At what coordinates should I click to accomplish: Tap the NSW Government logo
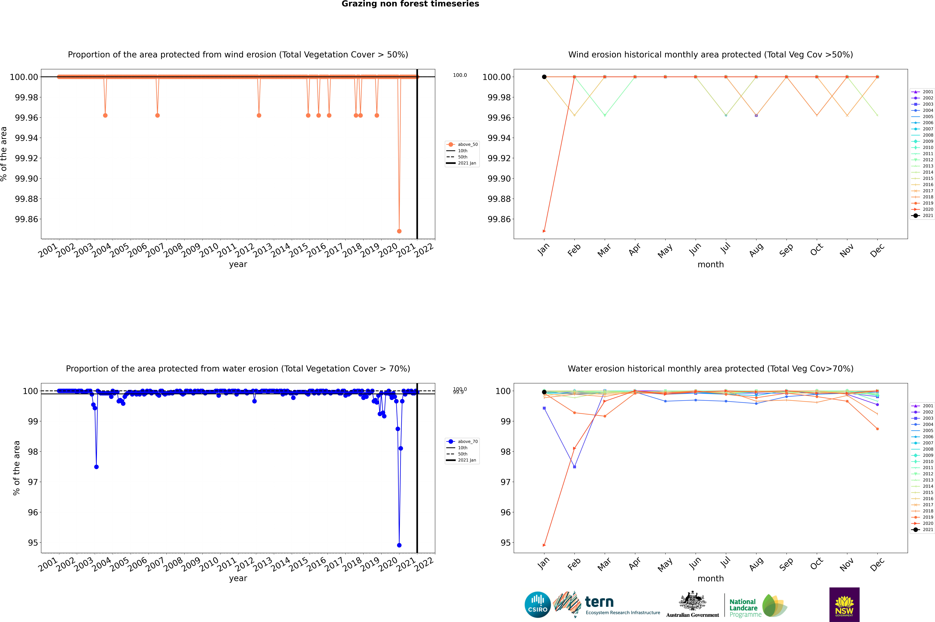coord(844,605)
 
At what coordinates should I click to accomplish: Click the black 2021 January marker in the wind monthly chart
coord(544,77)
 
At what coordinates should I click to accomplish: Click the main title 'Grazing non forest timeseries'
coord(410,4)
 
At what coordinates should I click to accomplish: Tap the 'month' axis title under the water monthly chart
coord(711,578)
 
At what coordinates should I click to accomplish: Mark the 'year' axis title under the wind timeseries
coord(238,264)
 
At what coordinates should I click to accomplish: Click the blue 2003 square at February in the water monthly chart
coord(574,467)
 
